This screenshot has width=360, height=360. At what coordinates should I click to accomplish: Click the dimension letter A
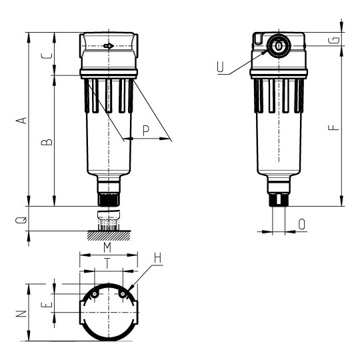(21, 120)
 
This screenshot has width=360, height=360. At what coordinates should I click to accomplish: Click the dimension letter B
(45, 142)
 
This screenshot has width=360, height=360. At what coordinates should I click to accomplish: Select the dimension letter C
(45, 55)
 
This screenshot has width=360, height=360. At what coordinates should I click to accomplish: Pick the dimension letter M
(107, 247)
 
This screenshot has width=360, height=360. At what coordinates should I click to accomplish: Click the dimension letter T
(107, 263)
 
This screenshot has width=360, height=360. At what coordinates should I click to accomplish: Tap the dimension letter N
(21, 313)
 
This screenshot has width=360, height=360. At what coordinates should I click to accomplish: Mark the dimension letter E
(46, 305)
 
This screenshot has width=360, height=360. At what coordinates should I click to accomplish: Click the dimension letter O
(302, 225)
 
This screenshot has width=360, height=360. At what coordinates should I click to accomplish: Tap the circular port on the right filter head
(277, 46)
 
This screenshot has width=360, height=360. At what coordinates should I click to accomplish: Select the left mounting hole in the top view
(95, 293)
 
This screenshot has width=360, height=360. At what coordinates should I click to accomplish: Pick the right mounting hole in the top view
(123, 293)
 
